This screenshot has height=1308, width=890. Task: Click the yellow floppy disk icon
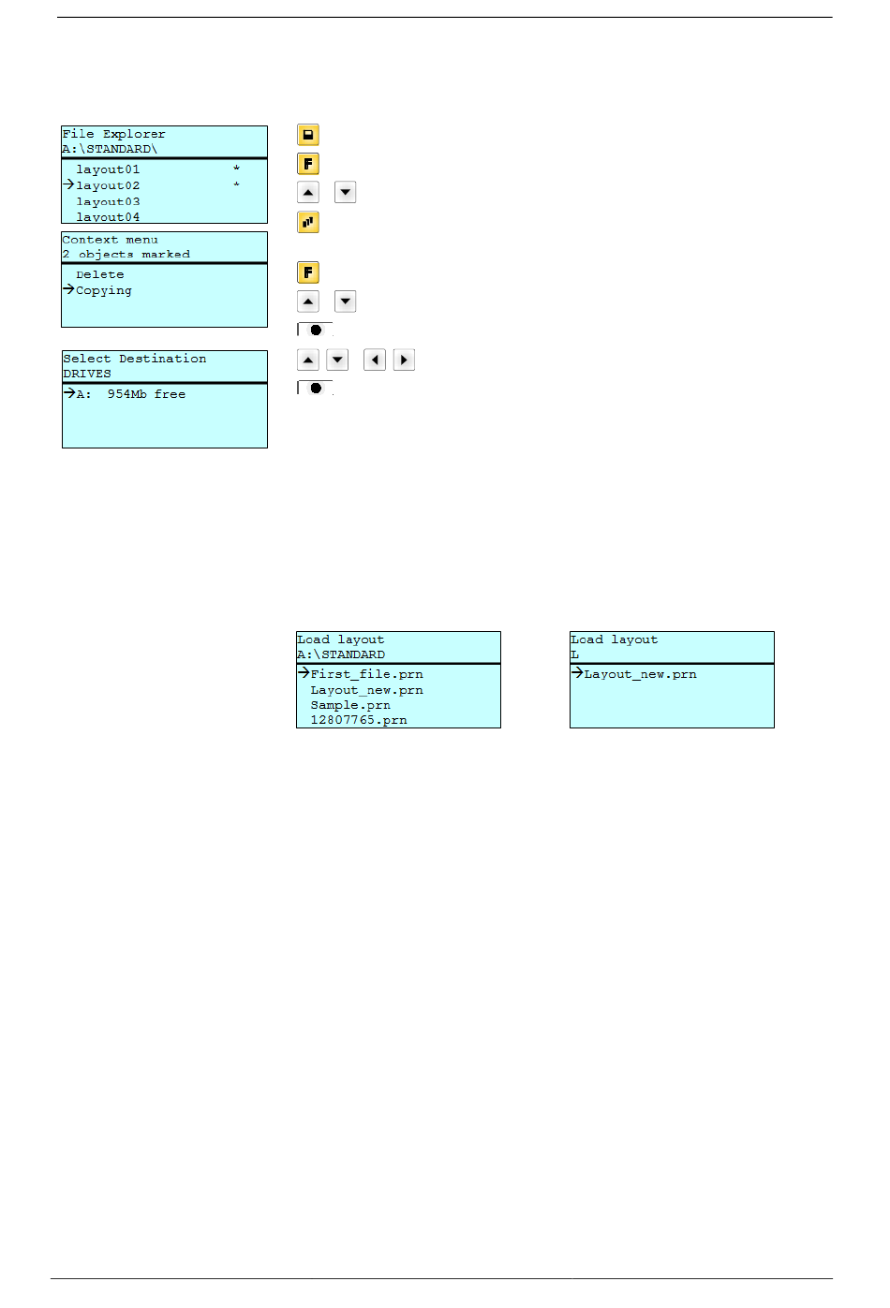307,135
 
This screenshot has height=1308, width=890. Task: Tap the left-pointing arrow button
374,360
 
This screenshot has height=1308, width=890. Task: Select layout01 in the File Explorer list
108,169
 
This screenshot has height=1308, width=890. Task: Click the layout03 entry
108,201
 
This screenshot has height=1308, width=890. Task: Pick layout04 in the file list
108,216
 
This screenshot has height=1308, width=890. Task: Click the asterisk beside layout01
236,169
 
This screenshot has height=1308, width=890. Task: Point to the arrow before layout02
68,184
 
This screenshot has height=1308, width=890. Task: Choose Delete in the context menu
99,274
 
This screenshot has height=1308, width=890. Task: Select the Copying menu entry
103,290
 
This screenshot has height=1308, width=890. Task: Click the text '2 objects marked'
126,254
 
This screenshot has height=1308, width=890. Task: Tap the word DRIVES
86,374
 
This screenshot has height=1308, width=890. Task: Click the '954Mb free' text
146,394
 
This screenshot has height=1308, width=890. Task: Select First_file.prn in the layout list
366,674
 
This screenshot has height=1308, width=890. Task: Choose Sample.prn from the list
350,705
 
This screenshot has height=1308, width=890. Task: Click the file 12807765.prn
358,720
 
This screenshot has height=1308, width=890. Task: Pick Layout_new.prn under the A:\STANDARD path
366,690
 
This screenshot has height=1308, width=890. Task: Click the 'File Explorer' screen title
113,134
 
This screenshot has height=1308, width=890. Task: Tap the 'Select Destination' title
134,359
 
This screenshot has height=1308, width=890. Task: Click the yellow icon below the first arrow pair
307,222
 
